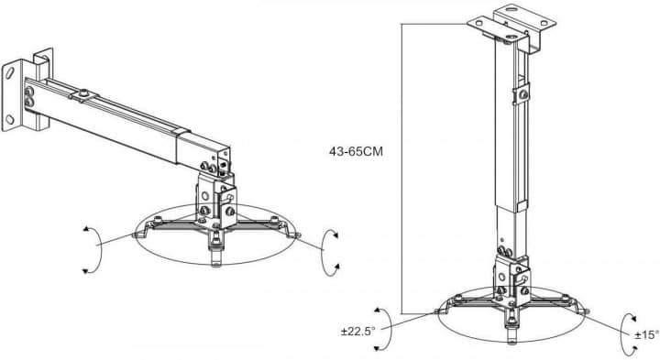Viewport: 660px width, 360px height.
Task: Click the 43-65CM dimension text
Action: point(356,151)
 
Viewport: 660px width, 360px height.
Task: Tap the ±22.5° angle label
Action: point(357,332)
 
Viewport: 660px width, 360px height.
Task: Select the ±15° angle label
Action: point(647,334)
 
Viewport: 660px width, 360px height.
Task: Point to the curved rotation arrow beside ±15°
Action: point(622,334)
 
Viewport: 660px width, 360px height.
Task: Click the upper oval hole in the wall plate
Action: point(9,72)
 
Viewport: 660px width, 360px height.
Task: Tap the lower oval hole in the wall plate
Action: point(10,119)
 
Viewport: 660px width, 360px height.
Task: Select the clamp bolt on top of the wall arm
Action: point(84,93)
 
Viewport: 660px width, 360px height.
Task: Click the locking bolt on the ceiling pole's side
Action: point(522,94)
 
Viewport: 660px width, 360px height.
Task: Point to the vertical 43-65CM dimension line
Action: point(401,169)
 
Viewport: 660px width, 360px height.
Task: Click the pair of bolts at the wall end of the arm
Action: point(29,96)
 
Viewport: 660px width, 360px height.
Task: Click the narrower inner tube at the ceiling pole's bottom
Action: point(505,231)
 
